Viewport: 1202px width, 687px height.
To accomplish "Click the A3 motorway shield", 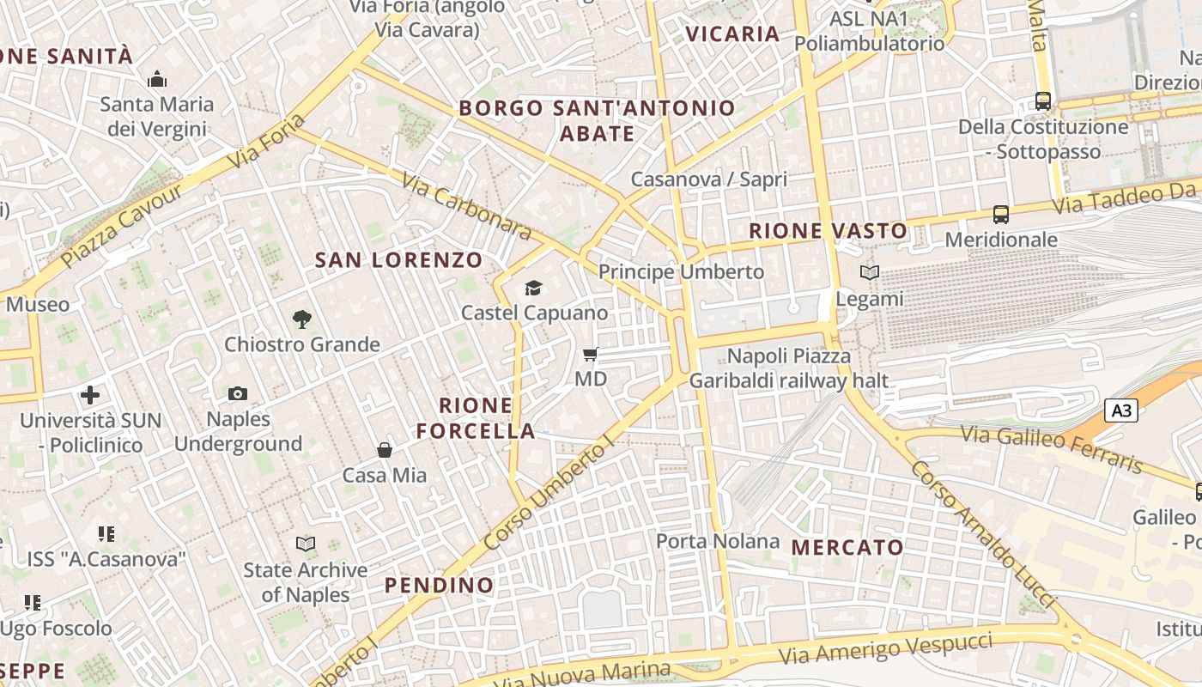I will click(1121, 411).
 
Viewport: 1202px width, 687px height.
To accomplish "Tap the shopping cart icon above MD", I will click(590, 354).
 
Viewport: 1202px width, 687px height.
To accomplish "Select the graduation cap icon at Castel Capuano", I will click(533, 288).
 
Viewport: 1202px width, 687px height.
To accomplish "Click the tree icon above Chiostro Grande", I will click(301, 319).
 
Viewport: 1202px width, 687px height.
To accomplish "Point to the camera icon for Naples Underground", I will click(238, 394).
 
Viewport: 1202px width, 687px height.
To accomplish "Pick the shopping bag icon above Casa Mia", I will click(385, 450).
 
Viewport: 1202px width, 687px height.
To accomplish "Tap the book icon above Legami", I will click(870, 273).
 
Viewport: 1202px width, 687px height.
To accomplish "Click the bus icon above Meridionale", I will click(1001, 214).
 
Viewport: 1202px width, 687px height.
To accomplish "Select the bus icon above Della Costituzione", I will click(1043, 101).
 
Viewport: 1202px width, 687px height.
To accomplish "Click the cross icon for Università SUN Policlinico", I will click(90, 395).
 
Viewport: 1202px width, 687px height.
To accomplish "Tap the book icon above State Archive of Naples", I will click(305, 544).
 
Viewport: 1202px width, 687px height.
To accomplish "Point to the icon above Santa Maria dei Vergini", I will click(157, 80).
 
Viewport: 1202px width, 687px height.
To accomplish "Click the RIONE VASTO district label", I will click(828, 230).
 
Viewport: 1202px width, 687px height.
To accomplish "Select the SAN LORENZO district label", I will click(398, 260).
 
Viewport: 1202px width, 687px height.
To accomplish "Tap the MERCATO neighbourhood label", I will click(847, 547).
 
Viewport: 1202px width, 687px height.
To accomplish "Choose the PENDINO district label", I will click(439, 586).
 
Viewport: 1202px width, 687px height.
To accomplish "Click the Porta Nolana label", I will click(718, 541).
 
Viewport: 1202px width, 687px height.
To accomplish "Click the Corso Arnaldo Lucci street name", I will click(983, 534).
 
